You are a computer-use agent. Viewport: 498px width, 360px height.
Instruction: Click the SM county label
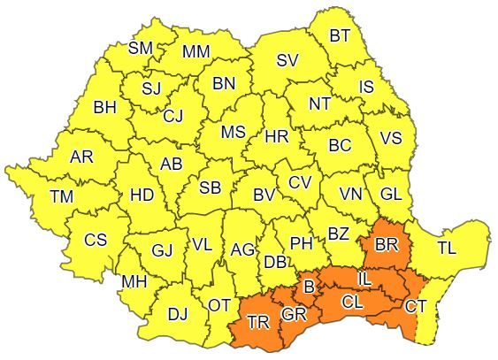[x=142, y=48]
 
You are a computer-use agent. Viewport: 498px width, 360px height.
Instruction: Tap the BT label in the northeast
[x=341, y=36]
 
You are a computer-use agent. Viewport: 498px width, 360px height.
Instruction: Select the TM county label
[x=62, y=196]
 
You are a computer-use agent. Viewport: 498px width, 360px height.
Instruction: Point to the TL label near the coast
[x=447, y=249]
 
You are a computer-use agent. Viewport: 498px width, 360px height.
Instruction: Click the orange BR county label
[x=387, y=242]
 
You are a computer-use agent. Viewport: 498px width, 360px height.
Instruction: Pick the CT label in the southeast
[x=417, y=307]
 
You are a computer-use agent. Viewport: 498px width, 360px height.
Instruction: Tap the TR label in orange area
[x=259, y=322]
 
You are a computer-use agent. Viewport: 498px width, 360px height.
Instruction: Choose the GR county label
[x=295, y=314]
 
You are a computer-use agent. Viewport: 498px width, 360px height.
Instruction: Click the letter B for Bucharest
[x=309, y=287]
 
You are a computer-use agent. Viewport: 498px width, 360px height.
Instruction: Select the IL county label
[x=364, y=280]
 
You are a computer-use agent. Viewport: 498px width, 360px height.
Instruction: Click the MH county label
[x=134, y=282]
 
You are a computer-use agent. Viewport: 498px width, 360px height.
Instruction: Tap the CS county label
[x=96, y=239]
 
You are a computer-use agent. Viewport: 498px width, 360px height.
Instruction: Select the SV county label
[x=287, y=60]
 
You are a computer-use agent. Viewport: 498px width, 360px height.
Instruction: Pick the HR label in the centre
[x=277, y=137]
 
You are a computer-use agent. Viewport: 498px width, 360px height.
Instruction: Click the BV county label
[x=264, y=194]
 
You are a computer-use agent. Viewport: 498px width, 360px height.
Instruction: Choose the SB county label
[x=210, y=188]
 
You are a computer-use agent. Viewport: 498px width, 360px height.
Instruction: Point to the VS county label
[x=390, y=138]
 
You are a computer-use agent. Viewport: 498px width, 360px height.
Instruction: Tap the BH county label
[x=105, y=107]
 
